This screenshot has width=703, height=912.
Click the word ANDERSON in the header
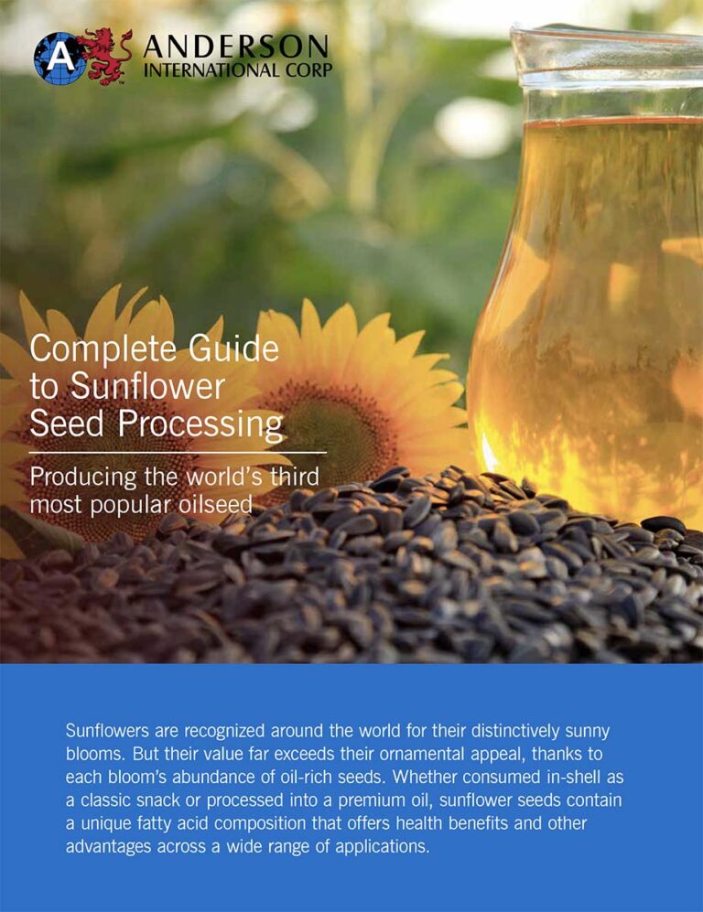pyautogui.click(x=235, y=46)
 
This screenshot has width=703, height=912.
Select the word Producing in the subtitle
pyautogui.click(x=77, y=477)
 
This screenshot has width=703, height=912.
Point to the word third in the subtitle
pyautogui.click(x=288, y=477)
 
